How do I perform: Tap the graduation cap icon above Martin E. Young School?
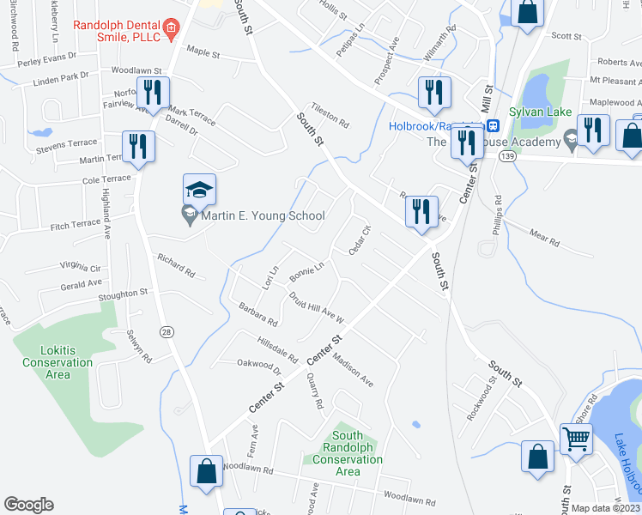tap(199, 189)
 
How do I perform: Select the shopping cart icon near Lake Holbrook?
tap(576, 439)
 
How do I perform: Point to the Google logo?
tap(28, 505)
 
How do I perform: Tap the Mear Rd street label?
tap(543, 237)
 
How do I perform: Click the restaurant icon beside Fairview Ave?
tap(154, 92)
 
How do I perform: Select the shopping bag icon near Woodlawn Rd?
tap(207, 470)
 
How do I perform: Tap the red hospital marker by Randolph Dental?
tap(171, 27)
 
